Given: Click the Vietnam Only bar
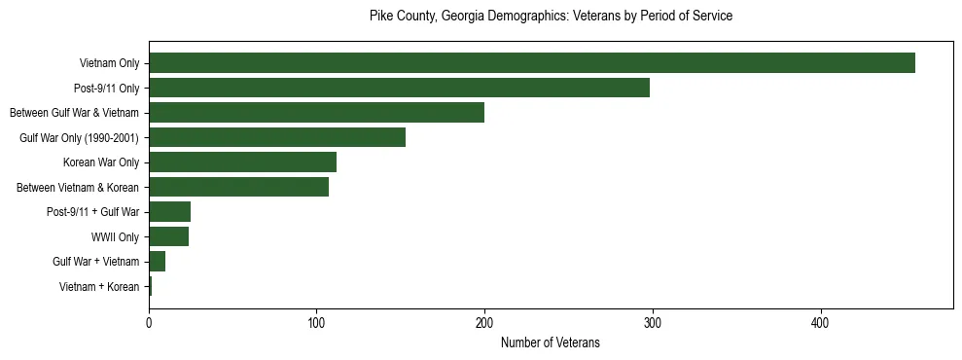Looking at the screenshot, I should point(532,63).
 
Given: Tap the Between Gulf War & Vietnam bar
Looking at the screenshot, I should point(316,113).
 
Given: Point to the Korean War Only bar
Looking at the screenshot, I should point(242,162).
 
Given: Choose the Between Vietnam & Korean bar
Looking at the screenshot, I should point(238,187).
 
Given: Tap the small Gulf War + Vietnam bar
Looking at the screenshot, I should point(157,262).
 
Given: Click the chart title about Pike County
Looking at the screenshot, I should point(551,17).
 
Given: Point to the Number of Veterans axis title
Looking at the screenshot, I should point(550,343).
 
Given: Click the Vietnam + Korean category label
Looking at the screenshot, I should point(99,287).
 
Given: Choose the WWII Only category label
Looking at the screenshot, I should point(115,237).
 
